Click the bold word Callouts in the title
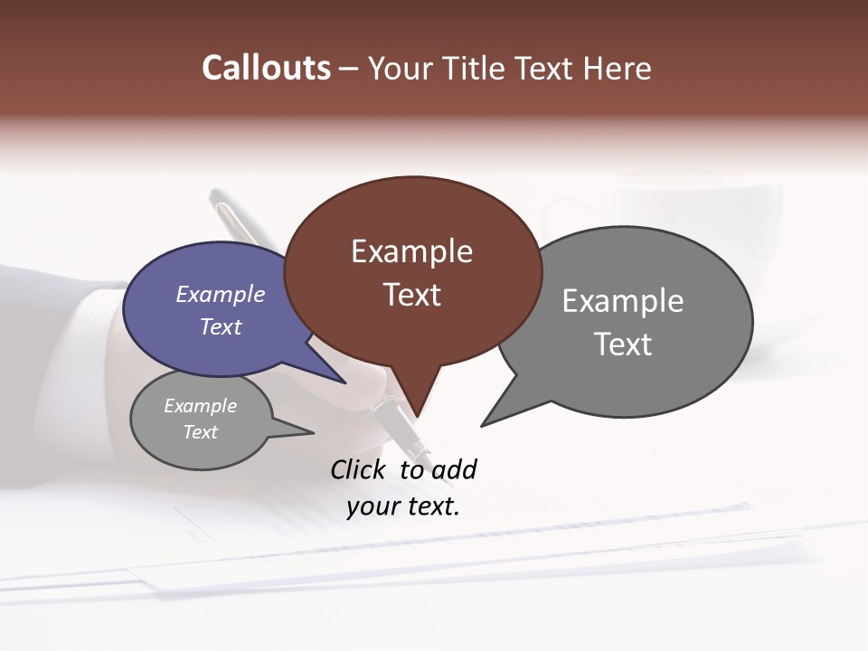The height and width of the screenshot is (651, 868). point(266,68)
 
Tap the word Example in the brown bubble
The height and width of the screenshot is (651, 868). point(411,251)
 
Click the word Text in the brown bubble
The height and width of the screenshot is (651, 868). point(411,295)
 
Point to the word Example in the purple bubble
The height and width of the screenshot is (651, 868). point(221,294)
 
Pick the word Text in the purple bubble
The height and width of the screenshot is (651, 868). point(221,326)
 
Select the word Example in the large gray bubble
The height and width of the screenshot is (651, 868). point(623,301)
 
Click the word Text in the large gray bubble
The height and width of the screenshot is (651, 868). point(623,344)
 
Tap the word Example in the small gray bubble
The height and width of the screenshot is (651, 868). point(200,406)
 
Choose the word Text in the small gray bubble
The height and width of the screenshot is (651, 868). point(200,432)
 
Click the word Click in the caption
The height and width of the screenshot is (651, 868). point(359,469)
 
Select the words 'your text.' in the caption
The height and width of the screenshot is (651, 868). point(403,506)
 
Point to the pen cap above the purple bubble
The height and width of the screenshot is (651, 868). point(233,213)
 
